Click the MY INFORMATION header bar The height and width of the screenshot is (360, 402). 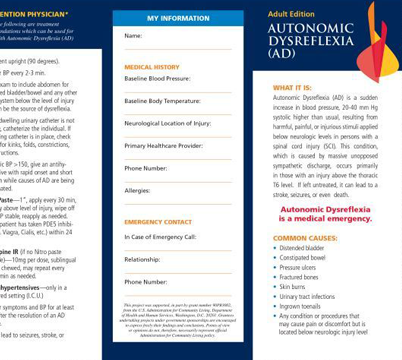click(178, 19)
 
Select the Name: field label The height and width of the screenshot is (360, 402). click(133, 36)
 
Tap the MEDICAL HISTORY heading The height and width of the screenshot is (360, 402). click(152, 67)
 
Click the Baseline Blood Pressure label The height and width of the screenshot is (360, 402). click(157, 78)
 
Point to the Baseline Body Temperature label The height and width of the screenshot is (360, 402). click(162, 101)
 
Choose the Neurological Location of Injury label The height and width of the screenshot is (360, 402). click(167, 123)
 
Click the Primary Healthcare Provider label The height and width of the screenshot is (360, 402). click(163, 146)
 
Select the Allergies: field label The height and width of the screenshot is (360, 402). click(137, 190)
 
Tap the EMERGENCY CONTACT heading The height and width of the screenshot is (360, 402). click(158, 222)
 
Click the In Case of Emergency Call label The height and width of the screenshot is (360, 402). click(160, 237)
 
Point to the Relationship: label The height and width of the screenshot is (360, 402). click(142, 259)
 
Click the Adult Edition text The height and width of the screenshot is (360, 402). click(291, 14)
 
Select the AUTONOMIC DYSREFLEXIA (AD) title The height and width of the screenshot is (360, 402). click(311, 40)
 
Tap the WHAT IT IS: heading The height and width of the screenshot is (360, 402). click(292, 88)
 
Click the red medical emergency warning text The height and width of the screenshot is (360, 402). click(325, 215)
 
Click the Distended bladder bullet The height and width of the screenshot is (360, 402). click(301, 248)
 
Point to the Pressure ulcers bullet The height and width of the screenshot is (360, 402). click(298, 267)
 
